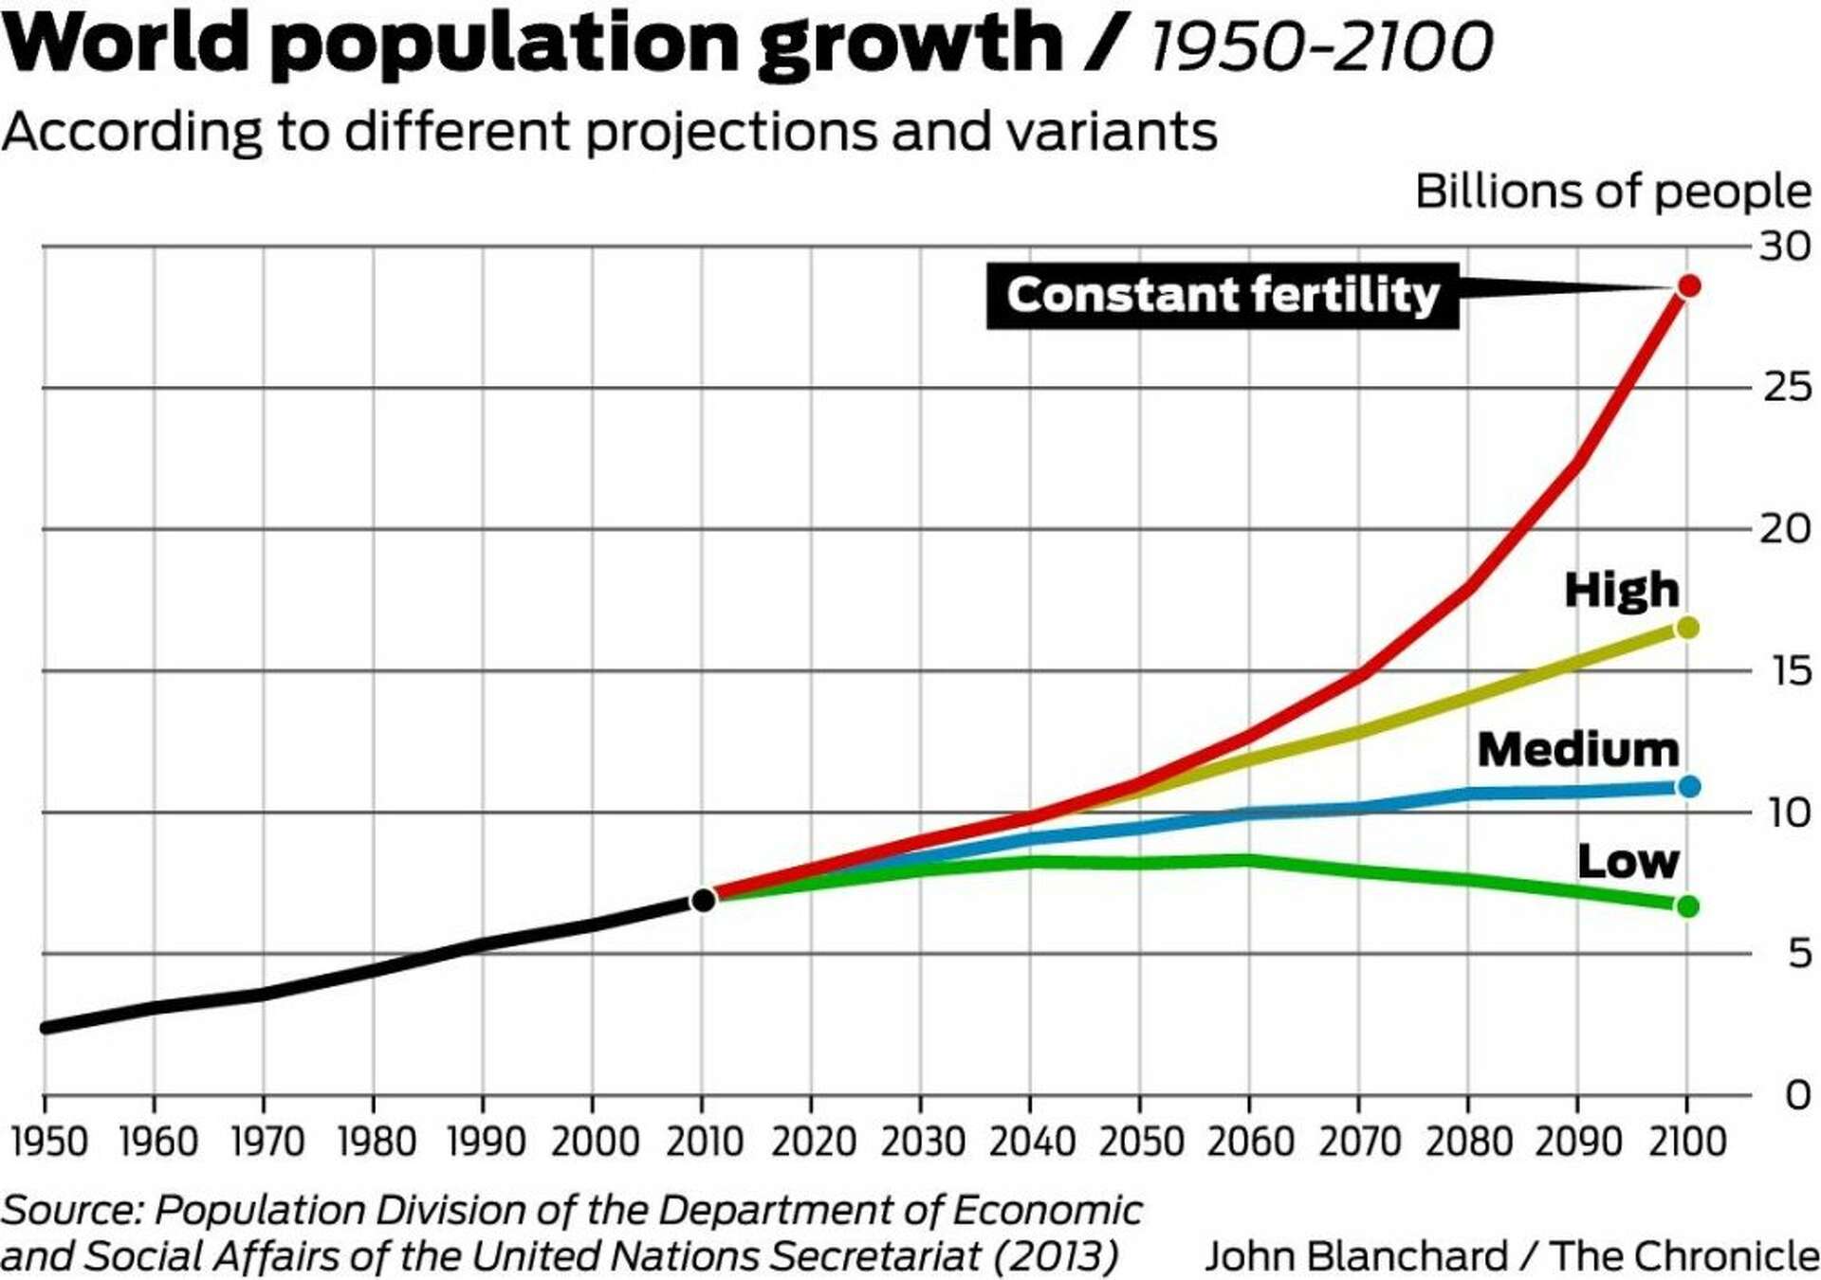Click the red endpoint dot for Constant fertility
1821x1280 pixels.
1688,285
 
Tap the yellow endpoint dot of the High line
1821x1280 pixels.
1687,628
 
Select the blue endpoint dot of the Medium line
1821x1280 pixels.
1688,786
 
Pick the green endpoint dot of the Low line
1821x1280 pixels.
1687,906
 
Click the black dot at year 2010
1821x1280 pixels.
703,900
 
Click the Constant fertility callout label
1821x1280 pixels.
1222,296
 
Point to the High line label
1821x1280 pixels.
1621,590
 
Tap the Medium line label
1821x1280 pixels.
1577,750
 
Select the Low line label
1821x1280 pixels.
1628,861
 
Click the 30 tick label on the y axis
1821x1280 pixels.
1785,247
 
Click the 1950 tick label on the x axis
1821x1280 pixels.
49,1141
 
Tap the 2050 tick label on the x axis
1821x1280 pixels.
1141,1141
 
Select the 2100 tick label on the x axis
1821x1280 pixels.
1687,1141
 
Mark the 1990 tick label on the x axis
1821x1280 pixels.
486,1141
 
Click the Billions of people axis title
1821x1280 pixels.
1612,192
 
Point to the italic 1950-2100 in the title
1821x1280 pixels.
1321,46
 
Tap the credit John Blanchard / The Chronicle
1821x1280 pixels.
1511,1256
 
